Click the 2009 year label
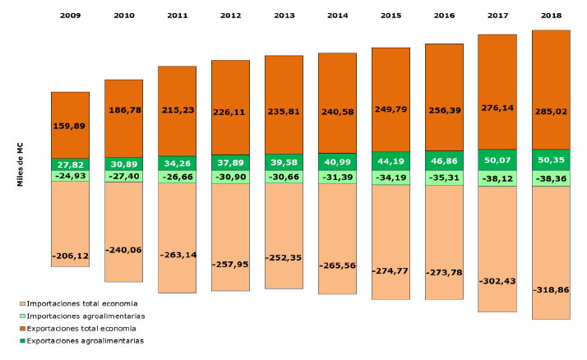point(71,16)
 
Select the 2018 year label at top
point(551,16)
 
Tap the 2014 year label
point(338,16)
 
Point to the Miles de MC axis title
point(20,164)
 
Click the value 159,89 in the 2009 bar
point(69,126)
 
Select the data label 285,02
point(551,112)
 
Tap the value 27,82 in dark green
point(71,164)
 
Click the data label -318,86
point(551,289)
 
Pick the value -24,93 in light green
point(71,176)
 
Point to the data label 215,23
point(178,110)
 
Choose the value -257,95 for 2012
point(230,264)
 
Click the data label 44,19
point(391,161)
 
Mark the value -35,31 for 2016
point(445,178)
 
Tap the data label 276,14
point(497,108)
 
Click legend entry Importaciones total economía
point(79,303)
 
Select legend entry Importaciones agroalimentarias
point(82,316)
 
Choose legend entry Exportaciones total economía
point(78,328)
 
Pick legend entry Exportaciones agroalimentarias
point(81,341)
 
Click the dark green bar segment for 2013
point(284,163)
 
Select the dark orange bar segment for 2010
point(124,118)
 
